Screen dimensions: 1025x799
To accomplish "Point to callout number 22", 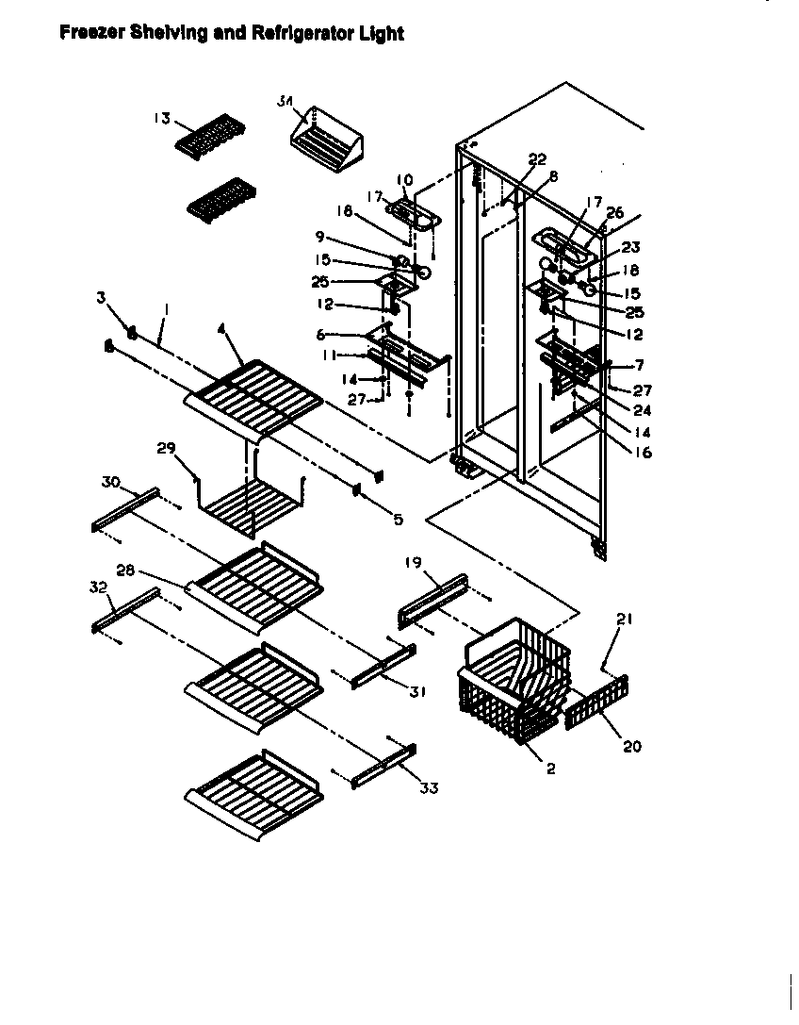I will [x=536, y=160].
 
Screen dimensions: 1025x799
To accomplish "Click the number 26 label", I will [x=614, y=214].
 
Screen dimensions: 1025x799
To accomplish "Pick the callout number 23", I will [x=630, y=248].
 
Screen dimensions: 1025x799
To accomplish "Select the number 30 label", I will [x=110, y=483].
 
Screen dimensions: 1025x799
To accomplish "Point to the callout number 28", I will [x=125, y=570].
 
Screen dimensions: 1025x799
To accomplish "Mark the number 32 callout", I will [x=98, y=586].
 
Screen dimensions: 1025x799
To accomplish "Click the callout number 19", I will [x=413, y=564].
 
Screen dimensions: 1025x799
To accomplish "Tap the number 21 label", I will [x=624, y=620].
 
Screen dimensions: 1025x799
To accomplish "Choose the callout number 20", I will [x=631, y=746].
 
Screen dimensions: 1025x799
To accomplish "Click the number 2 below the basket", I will [x=550, y=769].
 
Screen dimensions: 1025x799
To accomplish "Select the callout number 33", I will [x=429, y=788].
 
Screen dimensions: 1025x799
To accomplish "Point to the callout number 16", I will [x=644, y=453].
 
